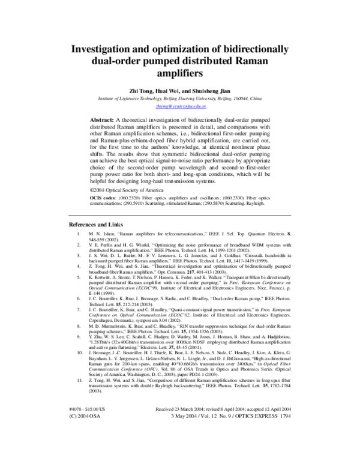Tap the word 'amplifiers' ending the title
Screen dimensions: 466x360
(x=179, y=74)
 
